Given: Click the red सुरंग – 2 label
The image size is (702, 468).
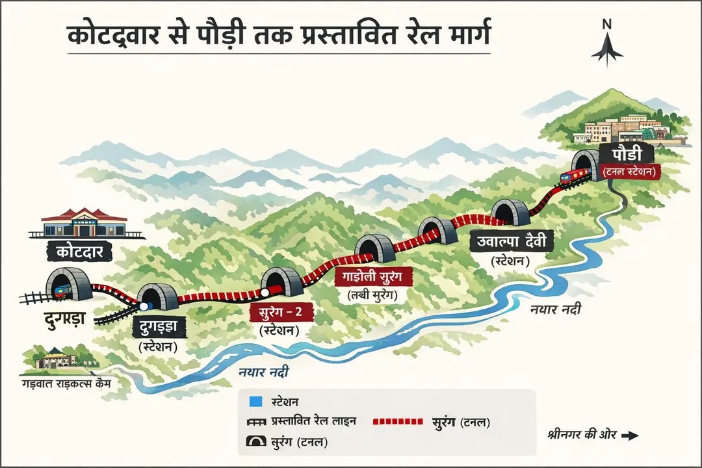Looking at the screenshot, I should click(281, 311).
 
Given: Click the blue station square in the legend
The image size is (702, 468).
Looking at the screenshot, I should click(256, 402).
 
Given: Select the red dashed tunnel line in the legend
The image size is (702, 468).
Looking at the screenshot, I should click(398, 422).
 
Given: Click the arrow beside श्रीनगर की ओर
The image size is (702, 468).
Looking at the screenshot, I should click(630, 436).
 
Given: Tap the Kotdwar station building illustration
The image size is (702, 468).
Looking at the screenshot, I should click(84, 223).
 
